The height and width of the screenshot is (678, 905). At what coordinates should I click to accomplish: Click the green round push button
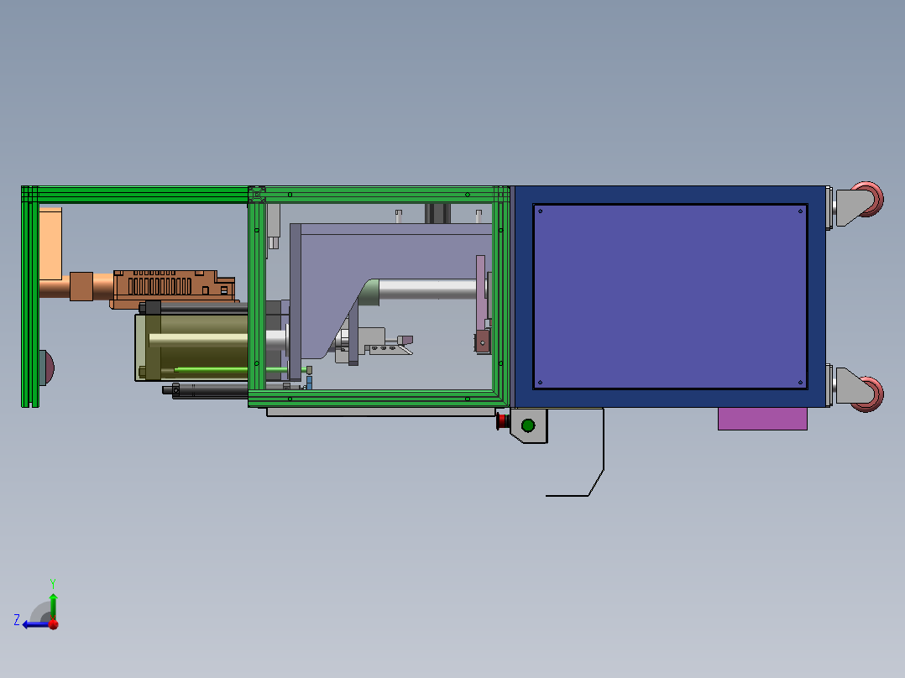pyautogui.click(x=527, y=425)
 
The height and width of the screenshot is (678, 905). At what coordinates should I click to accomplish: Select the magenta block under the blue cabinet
pyautogui.click(x=762, y=419)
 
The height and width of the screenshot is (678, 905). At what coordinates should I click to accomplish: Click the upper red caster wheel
pyautogui.click(x=871, y=199)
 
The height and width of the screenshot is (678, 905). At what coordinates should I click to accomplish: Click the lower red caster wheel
pyautogui.click(x=871, y=394)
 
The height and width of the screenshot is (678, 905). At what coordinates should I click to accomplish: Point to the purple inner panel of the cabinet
pyautogui.click(x=670, y=296)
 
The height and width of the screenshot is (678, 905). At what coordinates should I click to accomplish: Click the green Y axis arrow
pyautogui.click(x=53, y=607)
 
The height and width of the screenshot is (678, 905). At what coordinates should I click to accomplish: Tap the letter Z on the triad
pyautogui.click(x=17, y=620)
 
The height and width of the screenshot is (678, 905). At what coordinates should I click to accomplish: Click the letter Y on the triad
pyautogui.click(x=53, y=583)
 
